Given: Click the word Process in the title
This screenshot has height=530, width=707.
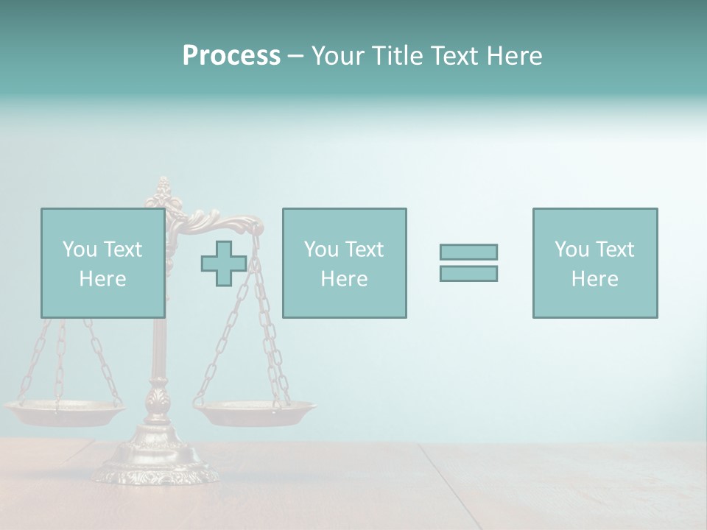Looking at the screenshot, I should [231, 56].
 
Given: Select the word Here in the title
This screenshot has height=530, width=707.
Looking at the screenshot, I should [513, 56].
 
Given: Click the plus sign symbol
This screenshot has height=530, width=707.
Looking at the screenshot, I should [224, 264].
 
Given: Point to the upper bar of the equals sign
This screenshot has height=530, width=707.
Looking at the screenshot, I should [468, 252].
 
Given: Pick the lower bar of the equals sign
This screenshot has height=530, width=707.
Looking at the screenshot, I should [468, 274].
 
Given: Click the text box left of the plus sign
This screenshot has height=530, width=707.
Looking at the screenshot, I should [103, 264].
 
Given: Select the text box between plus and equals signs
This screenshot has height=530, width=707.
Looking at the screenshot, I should [345, 264].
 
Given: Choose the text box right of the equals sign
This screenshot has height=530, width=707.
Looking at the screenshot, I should [595, 264].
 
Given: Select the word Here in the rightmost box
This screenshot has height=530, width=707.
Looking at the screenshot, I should [595, 279].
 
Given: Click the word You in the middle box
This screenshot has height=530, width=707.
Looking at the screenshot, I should [321, 250].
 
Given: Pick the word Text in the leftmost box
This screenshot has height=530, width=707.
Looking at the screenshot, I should [122, 250].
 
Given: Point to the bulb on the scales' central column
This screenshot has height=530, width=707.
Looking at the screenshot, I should [156, 401].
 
